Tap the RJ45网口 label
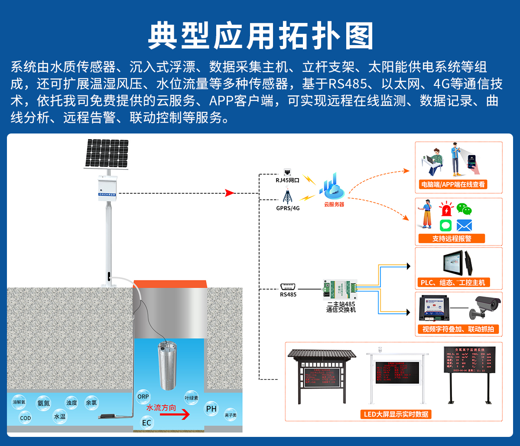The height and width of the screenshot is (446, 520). (x=288, y=180)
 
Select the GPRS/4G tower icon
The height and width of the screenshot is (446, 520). (x=286, y=197)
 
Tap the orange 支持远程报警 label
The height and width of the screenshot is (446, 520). (x=452, y=238)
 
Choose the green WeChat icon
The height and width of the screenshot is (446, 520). (x=464, y=209)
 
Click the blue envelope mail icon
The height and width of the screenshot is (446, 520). (x=464, y=225)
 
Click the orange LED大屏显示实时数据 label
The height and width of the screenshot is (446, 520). (x=396, y=414)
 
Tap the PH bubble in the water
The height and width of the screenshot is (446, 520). (x=211, y=408)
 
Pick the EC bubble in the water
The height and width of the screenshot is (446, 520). (x=146, y=423)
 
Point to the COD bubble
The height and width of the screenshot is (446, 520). (x=26, y=418)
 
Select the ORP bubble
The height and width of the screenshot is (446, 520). (x=143, y=397)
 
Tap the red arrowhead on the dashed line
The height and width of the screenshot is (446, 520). (x=230, y=193)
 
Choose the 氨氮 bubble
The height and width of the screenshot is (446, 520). (x=43, y=403)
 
